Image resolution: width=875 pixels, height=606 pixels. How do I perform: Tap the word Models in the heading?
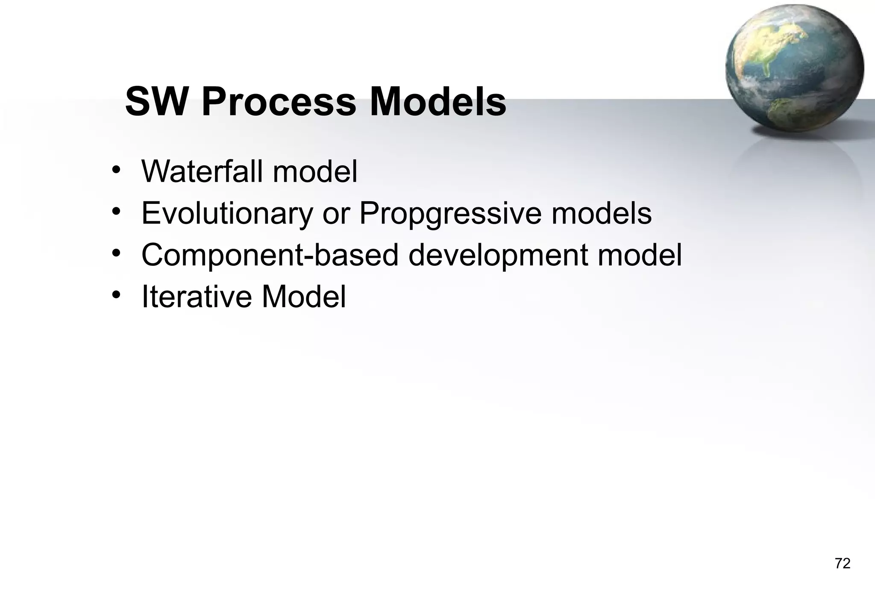[438, 102]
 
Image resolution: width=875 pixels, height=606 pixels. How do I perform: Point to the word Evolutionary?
[227, 213]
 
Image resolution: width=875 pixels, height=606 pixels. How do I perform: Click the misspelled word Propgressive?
[450, 213]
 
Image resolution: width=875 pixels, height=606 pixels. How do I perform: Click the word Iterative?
[197, 296]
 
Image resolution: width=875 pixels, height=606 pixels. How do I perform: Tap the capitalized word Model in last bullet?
[304, 296]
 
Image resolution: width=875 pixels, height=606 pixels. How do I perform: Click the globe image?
[794, 68]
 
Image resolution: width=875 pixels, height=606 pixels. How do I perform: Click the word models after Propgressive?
[601, 213]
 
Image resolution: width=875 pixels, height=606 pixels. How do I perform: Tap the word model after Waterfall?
[315, 171]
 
